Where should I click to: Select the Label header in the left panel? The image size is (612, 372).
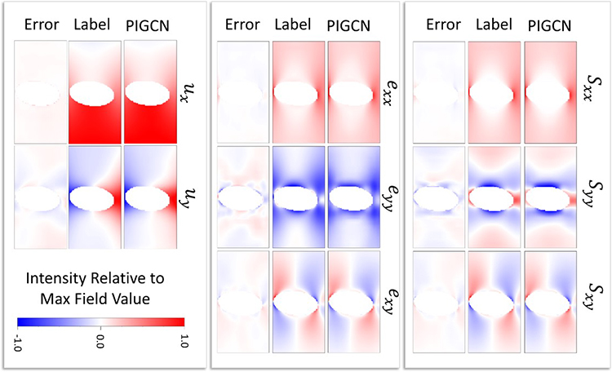tap(92, 25)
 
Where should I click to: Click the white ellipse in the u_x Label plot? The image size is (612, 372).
tap(94, 92)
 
